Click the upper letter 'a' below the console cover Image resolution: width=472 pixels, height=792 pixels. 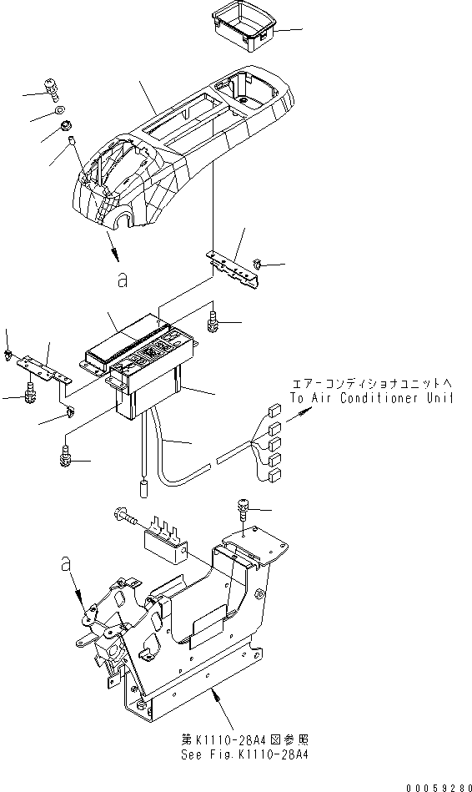[x=123, y=282]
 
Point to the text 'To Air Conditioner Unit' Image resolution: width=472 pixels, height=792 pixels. [x=372, y=397]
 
